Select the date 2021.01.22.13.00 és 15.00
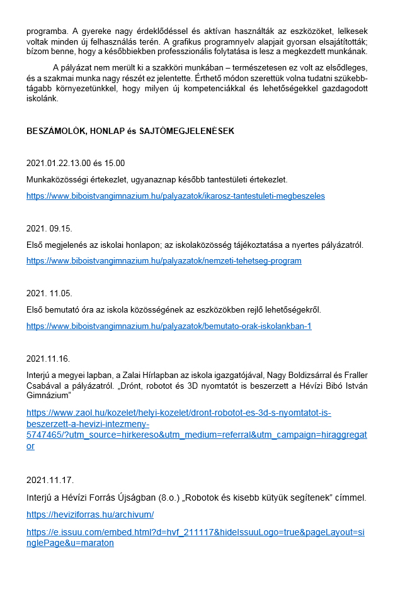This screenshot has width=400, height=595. pos(76,163)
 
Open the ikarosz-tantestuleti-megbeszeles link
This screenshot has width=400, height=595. pos(176,196)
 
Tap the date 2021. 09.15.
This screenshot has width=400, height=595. pos(54,228)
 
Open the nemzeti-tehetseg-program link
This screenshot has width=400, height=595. pos(164,260)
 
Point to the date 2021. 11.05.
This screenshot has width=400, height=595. pos(54,293)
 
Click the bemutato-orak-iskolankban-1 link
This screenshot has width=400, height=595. pos(169,326)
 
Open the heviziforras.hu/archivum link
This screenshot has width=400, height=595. pos(90,514)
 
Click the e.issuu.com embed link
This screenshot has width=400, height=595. pos(195,537)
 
